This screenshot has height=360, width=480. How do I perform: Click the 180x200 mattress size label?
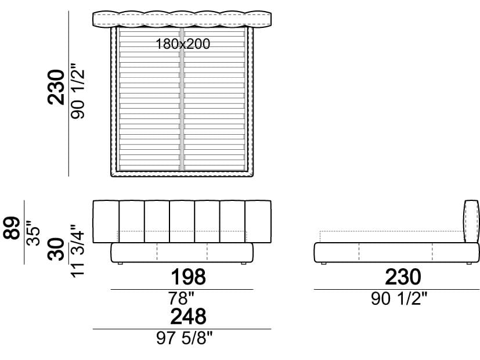[183, 44]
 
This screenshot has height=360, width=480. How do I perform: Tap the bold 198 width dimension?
[188, 277]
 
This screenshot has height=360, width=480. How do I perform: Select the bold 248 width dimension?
[188, 316]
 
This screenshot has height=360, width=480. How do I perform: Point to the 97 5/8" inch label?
[185, 339]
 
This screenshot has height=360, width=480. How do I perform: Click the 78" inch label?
[181, 298]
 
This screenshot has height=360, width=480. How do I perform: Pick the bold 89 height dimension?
[12, 228]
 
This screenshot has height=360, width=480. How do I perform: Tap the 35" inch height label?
[33, 233]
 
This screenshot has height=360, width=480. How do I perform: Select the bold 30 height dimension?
[56, 250]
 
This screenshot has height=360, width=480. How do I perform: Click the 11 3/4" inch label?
[77, 251]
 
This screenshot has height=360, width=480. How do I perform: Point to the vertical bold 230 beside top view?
[56, 88]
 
